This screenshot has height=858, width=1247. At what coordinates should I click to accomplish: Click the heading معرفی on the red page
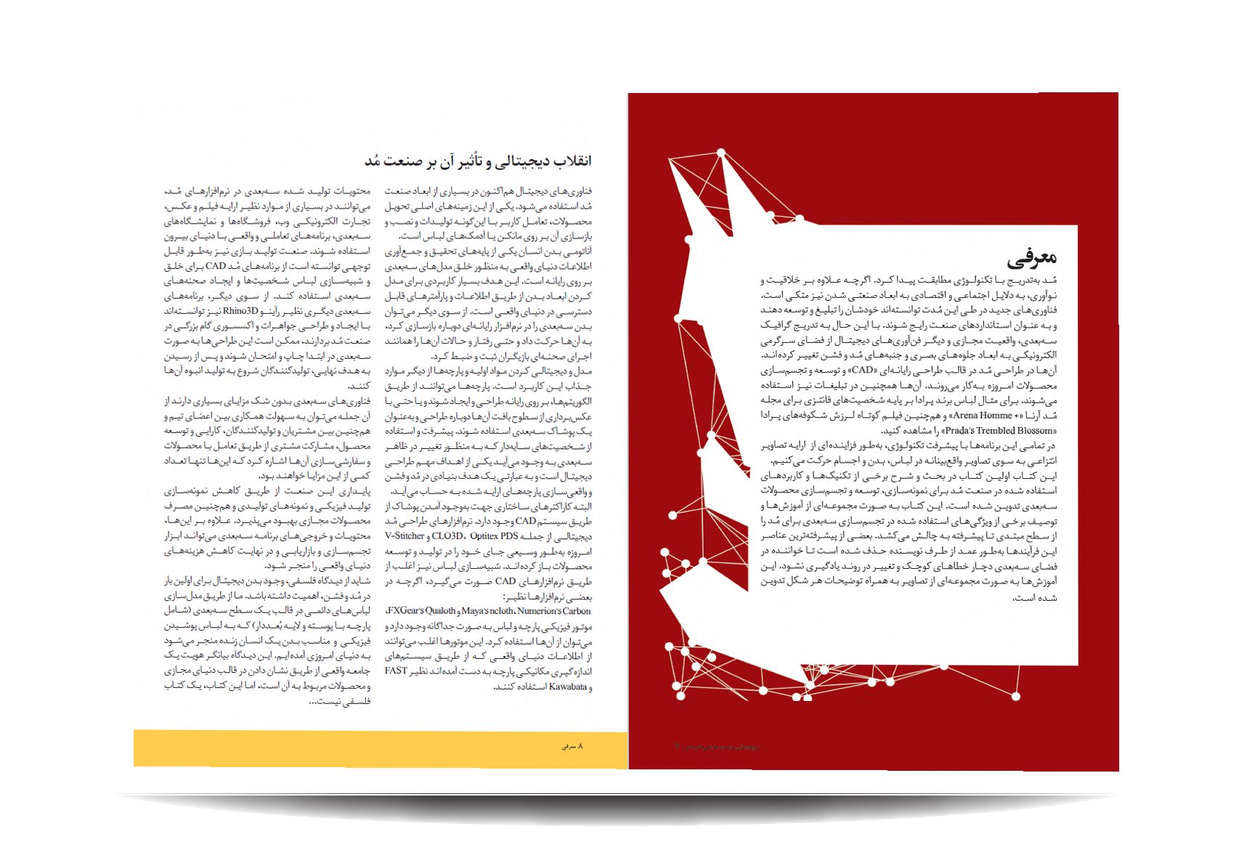(x=1031, y=256)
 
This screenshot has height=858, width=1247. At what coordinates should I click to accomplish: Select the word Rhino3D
(x=240, y=311)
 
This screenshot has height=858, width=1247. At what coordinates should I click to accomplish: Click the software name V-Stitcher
(x=405, y=536)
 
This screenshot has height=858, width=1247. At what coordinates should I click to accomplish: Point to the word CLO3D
(x=447, y=536)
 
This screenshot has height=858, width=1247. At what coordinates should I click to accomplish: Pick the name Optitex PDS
(x=494, y=536)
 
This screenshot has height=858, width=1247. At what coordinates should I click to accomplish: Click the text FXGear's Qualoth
(x=422, y=611)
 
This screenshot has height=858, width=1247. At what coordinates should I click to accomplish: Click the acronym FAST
(x=396, y=671)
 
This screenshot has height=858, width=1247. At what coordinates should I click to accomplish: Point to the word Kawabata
(x=567, y=687)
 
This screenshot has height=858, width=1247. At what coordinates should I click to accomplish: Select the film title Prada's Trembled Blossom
(x=999, y=431)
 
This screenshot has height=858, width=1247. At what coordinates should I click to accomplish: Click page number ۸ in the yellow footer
(x=580, y=746)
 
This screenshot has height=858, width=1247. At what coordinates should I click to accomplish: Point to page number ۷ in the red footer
(x=678, y=747)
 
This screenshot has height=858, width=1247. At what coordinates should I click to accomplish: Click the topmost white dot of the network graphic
(x=720, y=153)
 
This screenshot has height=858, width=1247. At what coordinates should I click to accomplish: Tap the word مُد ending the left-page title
(x=373, y=161)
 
